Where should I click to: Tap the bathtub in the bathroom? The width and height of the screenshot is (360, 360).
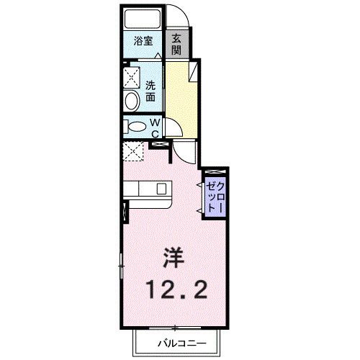[x=142, y=19]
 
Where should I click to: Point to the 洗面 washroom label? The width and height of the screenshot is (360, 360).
[x=150, y=89]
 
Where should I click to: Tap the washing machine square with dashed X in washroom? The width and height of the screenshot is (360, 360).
[x=132, y=75]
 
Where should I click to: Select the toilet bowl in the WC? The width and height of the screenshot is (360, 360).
[x=135, y=127]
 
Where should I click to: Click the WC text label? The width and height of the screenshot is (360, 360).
[x=154, y=127]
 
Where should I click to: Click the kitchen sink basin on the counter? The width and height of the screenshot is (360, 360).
[x=159, y=189]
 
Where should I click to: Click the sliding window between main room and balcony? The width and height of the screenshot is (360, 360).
[x=173, y=328]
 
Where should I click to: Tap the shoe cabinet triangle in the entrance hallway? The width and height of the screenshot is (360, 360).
[x=194, y=71]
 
